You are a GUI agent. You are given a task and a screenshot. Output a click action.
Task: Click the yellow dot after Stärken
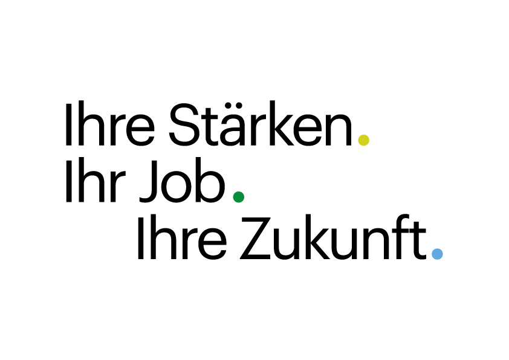[363, 140]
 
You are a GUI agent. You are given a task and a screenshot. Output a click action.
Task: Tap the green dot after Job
[239, 197]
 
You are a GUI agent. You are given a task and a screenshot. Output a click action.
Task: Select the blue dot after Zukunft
[437, 254]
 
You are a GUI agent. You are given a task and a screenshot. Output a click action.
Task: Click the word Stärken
[261, 123]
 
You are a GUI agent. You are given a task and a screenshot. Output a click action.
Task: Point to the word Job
[182, 181]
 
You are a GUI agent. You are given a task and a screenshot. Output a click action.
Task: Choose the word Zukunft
[332, 237]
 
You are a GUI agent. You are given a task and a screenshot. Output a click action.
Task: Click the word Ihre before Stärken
[110, 123]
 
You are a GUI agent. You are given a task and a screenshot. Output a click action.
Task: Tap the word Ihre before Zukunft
[182, 237]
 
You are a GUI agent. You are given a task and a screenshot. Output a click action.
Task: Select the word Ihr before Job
[96, 181]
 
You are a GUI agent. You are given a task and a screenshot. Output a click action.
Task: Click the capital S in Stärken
[184, 124]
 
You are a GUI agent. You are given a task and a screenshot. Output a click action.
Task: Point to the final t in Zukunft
[418, 240]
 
